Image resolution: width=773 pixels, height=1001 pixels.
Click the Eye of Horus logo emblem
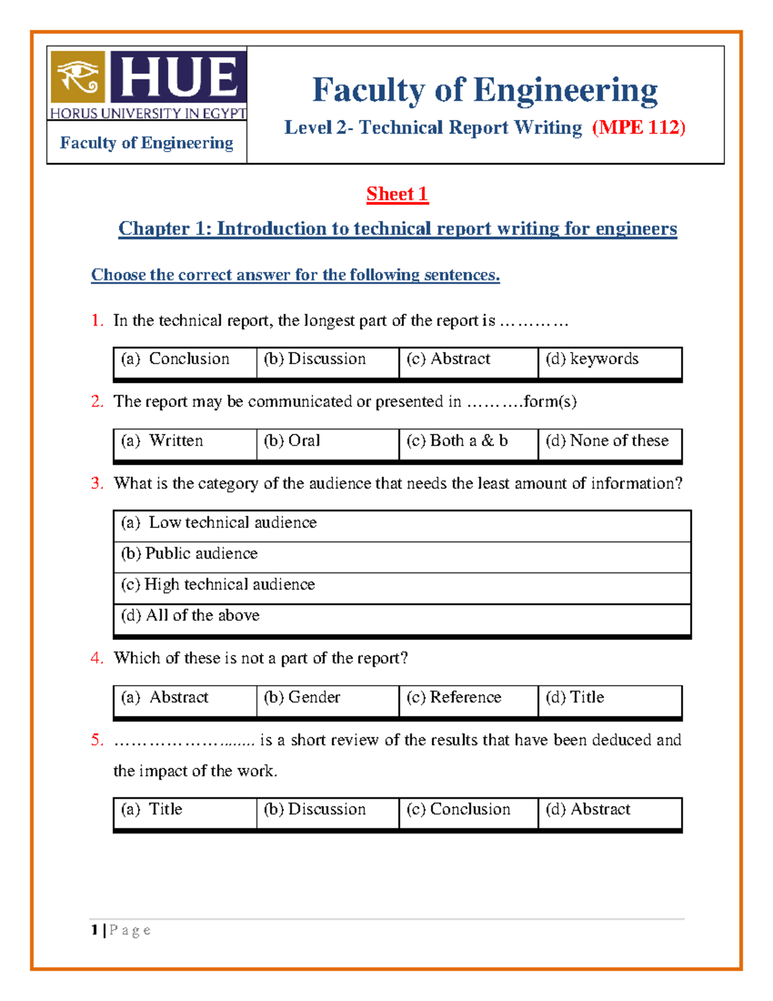tap(78, 77)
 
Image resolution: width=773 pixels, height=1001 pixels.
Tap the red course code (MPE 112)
tap(638, 128)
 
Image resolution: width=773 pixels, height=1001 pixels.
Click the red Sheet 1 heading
tap(397, 194)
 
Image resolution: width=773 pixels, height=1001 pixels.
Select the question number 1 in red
tap(97, 320)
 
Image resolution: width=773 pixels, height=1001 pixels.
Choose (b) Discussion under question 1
tap(314, 359)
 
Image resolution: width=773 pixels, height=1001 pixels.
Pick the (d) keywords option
tap(592, 359)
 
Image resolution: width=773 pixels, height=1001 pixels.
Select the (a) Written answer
tap(162, 441)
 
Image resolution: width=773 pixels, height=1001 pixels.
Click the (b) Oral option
tap(292, 441)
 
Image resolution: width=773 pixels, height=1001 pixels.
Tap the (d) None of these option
tap(607, 441)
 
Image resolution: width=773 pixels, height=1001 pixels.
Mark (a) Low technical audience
tap(219, 523)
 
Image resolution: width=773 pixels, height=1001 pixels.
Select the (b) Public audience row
tap(189, 554)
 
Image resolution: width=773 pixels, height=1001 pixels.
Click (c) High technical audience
tap(218, 585)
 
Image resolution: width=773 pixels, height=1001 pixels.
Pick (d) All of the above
tap(191, 616)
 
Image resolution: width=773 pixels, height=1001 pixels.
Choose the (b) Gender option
tap(301, 697)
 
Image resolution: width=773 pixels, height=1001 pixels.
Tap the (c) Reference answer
tap(453, 697)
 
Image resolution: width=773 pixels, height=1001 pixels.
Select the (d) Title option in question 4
tap(575, 697)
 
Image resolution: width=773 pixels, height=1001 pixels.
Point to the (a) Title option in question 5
tap(152, 810)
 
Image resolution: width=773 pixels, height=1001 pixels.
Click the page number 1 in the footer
tap(95, 930)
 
